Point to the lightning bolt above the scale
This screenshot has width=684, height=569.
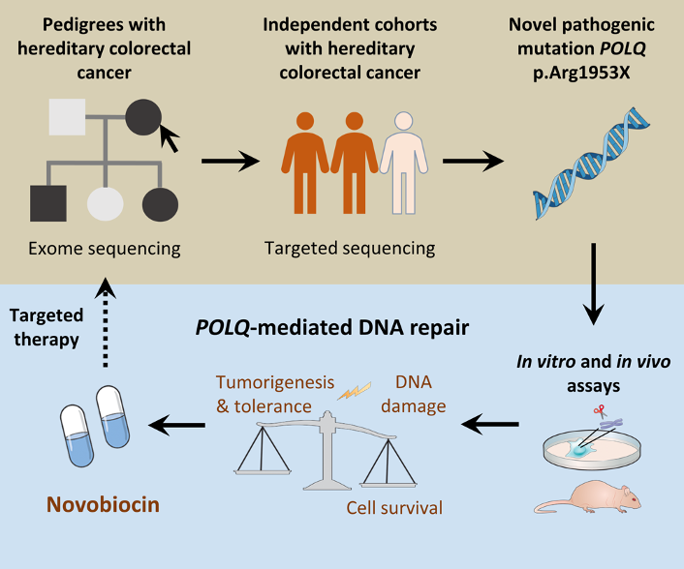(x=354, y=391)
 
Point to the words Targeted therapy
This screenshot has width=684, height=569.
(x=48, y=328)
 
